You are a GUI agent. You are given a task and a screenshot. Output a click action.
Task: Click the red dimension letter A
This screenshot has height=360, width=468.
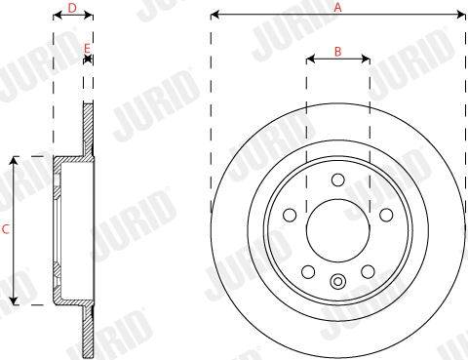[338, 6]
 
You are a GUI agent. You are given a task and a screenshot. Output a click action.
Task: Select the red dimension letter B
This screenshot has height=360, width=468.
[337, 51]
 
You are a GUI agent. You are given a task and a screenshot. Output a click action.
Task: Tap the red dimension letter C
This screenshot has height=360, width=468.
[6, 230]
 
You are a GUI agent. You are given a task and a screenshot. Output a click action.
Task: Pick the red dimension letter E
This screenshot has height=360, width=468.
[87, 48]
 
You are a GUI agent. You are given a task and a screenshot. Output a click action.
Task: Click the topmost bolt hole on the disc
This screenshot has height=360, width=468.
[337, 179]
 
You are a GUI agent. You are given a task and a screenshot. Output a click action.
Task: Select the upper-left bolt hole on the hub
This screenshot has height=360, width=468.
[290, 215]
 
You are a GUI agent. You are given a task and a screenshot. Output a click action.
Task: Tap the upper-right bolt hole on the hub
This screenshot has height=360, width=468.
[386, 215]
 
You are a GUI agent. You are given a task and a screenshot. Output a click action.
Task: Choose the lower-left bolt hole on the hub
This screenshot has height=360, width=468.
[308, 271]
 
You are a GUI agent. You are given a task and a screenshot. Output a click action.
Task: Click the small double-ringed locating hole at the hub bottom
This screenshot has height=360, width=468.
[337, 283]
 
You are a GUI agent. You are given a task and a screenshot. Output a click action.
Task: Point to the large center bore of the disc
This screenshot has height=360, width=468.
[337, 230]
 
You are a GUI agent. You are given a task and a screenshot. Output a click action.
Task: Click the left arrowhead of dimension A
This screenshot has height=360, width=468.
[214, 15]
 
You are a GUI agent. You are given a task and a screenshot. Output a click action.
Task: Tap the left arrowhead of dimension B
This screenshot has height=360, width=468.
[310, 60]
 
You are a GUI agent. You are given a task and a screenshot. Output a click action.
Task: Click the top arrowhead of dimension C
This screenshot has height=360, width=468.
[14, 160]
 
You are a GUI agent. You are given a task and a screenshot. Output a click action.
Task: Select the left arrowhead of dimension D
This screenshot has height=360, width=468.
[57, 16]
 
